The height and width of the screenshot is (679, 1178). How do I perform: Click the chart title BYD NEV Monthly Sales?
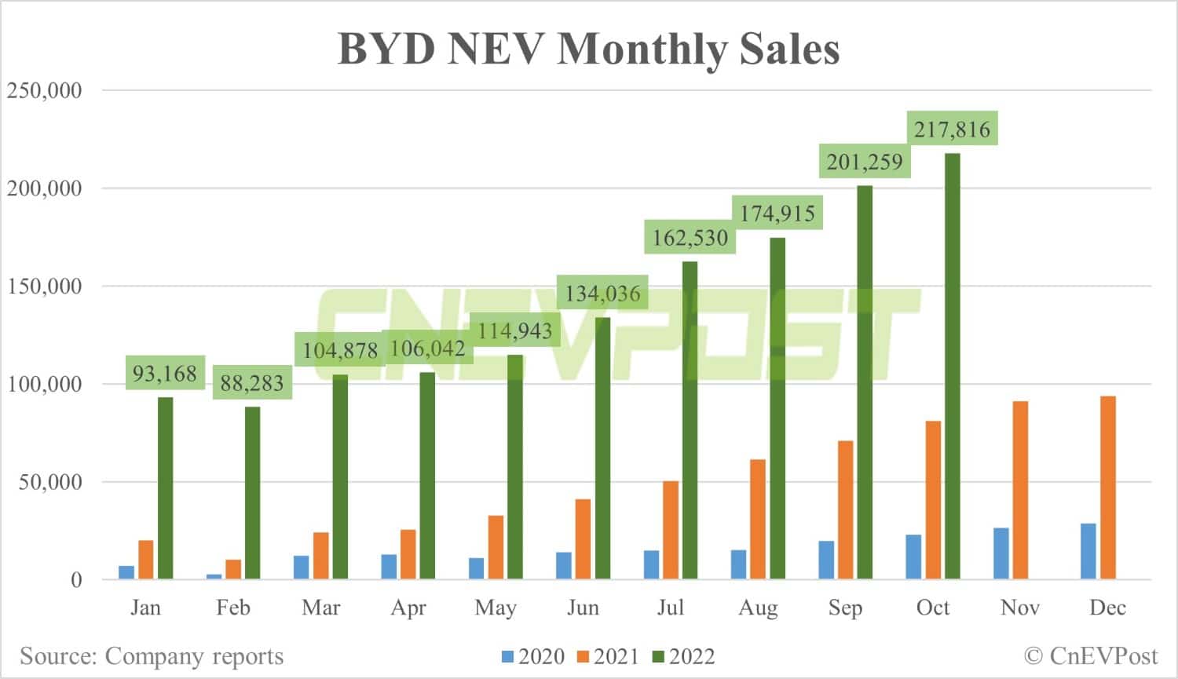click(x=588, y=49)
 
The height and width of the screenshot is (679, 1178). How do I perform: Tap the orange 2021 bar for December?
click(x=1108, y=487)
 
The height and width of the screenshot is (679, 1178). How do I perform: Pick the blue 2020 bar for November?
click(x=1001, y=553)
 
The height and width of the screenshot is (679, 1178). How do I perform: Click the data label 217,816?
click(x=952, y=129)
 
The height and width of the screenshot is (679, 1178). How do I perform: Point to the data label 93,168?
click(x=164, y=373)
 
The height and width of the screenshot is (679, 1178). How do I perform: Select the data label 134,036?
click(x=602, y=294)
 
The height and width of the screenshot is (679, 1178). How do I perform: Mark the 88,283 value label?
click(x=251, y=383)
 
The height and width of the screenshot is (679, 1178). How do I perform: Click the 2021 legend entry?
click(x=608, y=656)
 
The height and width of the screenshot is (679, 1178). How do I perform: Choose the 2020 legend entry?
click(x=533, y=656)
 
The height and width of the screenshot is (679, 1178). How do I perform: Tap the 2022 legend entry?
click(x=683, y=656)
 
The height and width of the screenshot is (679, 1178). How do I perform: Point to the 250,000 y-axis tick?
click(x=45, y=90)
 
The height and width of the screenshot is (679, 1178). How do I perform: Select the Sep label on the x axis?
click(x=845, y=608)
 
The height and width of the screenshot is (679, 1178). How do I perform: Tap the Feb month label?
click(x=233, y=608)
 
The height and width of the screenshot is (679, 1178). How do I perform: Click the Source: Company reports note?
click(x=152, y=656)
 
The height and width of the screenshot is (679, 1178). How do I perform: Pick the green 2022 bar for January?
click(x=165, y=488)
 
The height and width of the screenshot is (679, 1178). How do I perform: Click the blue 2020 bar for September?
click(x=826, y=560)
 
